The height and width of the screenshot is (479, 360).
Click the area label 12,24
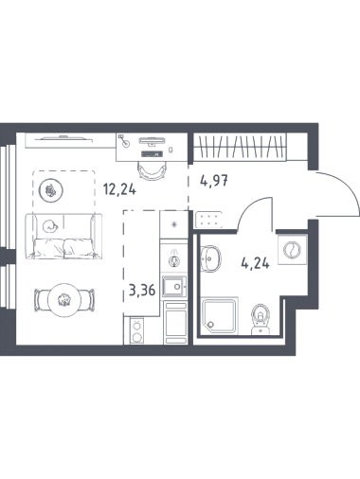[119, 189]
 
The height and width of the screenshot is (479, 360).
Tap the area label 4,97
[214, 181]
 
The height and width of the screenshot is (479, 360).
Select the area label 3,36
[142, 290]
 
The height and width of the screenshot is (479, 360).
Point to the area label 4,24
[255, 262]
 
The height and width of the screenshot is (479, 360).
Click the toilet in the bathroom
[261, 319]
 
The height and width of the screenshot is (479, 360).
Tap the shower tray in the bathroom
[220, 315]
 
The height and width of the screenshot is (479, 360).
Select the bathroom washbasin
[211, 258]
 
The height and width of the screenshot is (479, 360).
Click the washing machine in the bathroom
[292, 250]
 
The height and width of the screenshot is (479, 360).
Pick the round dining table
[64, 300]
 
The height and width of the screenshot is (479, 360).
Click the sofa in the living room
[63, 236]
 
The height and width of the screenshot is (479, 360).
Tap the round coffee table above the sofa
[50, 190]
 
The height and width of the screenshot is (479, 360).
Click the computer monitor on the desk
[152, 141]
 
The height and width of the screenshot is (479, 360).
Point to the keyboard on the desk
[153, 154]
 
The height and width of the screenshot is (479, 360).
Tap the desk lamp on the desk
[124, 141]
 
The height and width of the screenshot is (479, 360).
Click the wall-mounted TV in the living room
[63, 138]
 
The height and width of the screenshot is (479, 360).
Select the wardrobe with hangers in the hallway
[240, 147]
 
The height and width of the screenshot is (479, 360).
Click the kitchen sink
[174, 287]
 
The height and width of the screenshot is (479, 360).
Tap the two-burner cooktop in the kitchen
[136, 330]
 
